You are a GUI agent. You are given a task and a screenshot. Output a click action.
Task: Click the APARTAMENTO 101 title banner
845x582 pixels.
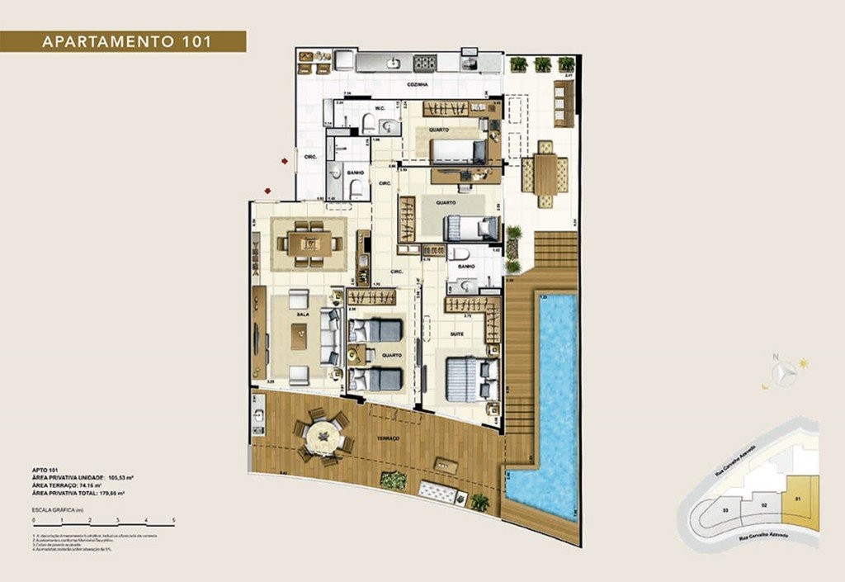pyautogui.click(x=123, y=41)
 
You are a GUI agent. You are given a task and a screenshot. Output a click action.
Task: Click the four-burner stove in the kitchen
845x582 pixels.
pyautogui.click(x=425, y=62)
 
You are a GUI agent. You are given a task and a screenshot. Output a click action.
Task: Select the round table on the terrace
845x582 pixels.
pyautogui.click(x=322, y=433)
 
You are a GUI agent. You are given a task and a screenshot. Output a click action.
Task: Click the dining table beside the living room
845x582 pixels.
pyautogui.click(x=309, y=243)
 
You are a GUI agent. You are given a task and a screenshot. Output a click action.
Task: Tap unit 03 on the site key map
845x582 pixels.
pyautogui.click(x=725, y=511)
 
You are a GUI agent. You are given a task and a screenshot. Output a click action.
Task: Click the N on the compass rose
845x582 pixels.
pyautogui.click(x=775, y=357)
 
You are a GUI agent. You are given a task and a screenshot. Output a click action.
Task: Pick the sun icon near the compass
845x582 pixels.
pyautogui.click(x=803, y=363)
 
